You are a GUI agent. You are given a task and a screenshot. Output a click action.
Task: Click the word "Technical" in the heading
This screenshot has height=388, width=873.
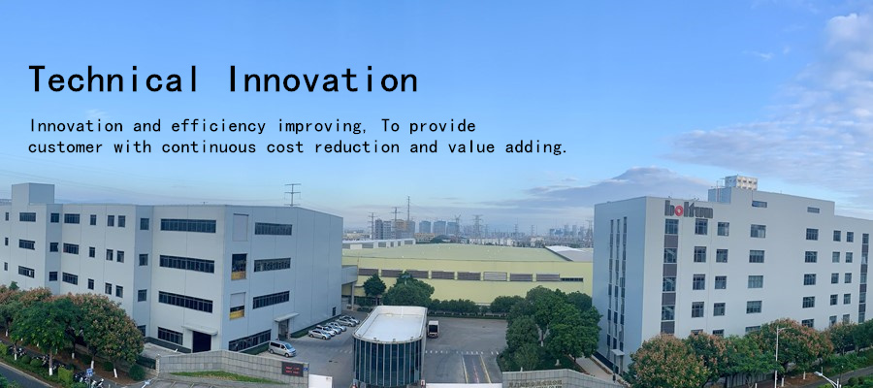click(x=113, y=79)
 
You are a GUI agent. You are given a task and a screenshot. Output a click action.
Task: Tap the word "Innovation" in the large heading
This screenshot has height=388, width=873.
click(x=323, y=79)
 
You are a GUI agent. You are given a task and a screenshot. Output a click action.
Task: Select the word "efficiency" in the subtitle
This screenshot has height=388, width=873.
click(x=218, y=126)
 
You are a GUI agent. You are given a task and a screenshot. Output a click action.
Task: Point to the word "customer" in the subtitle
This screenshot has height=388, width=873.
click(x=66, y=147)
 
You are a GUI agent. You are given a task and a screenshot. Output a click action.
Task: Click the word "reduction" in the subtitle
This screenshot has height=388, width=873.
click(x=357, y=147)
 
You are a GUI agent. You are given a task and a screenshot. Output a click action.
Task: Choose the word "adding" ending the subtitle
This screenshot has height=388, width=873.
click(x=535, y=147)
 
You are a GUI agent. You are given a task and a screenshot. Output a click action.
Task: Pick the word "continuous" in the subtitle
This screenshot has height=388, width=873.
click(x=209, y=147)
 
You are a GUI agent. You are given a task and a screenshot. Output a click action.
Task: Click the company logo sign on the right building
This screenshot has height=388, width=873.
click(x=688, y=210)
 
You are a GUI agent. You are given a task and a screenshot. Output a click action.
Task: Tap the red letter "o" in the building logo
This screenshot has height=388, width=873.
click(x=680, y=211)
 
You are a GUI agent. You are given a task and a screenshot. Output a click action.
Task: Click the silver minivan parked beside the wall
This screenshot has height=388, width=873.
click(x=282, y=348)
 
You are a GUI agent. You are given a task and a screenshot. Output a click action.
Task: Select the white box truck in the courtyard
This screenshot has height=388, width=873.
click(x=433, y=329)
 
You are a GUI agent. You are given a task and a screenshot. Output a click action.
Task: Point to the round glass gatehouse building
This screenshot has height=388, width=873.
click(x=390, y=345)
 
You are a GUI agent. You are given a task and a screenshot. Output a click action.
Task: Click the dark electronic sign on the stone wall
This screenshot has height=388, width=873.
click(x=292, y=369)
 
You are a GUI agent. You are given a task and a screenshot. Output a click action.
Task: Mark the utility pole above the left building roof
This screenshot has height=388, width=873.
click(x=292, y=195)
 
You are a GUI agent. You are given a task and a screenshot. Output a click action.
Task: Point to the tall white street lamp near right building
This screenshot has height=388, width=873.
click(x=777, y=356)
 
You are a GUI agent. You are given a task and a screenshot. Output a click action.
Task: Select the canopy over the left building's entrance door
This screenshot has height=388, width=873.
click(x=287, y=317)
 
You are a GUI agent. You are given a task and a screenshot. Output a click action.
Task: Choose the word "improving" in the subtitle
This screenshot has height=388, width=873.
click(x=320, y=126)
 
